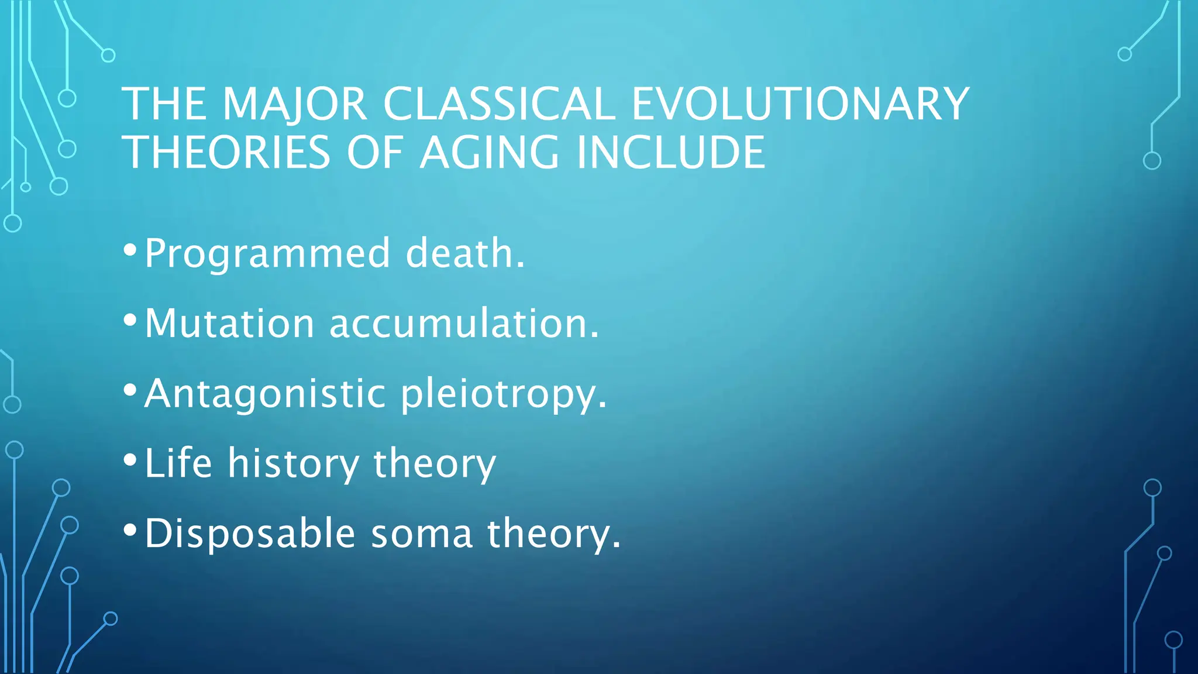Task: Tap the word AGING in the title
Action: click(490, 153)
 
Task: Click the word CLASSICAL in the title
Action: click(498, 104)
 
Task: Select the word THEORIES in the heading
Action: click(228, 153)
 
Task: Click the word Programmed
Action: click(267, 255)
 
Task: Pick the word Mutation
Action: click(229, 324)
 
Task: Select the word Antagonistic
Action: click(265, 394)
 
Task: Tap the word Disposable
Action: click(250, 534)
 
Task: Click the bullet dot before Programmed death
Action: click(130, 250)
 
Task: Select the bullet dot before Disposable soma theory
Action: click(130, 530)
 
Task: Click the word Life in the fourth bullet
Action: click(178, 463)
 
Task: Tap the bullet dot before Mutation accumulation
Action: click(130, 320)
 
